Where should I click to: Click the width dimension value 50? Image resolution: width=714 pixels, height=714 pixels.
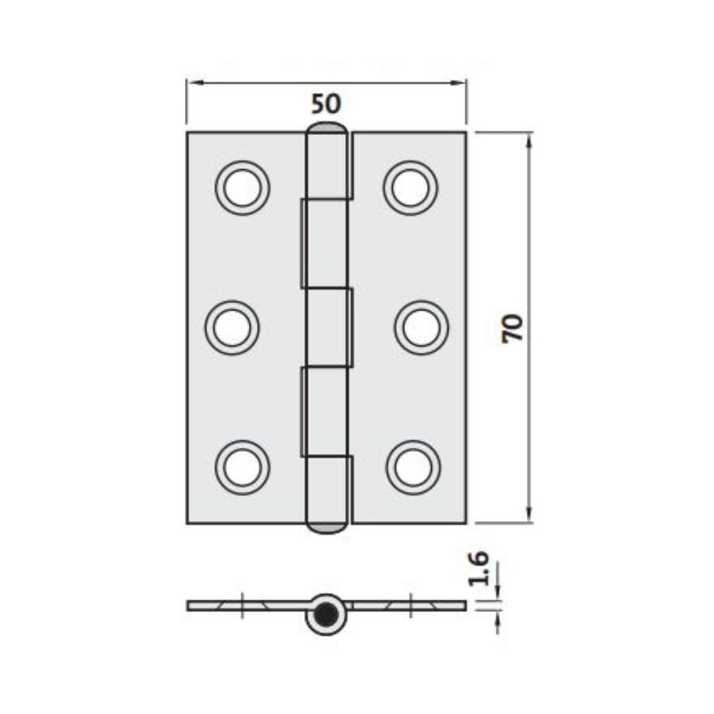pos(326,104)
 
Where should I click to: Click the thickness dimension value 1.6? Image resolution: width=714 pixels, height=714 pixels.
pos(479,568)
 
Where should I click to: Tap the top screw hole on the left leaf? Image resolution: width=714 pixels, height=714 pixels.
pos(243,188)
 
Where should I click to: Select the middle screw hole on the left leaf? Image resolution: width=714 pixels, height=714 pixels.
pos(233,328)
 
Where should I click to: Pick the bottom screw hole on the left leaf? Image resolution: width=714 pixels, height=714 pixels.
pos(243,468)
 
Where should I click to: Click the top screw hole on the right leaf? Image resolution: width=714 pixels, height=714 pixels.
pos(411,188)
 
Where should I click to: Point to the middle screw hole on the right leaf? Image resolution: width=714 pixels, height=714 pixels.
pos(421,328)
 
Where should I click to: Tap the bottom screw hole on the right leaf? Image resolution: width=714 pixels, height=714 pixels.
pos(413,468)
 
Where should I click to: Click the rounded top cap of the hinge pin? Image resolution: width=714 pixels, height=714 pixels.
pos(328,129)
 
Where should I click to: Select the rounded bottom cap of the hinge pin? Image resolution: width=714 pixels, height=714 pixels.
pos(328,527)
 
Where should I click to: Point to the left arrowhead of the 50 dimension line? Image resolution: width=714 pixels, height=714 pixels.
pos(192,84)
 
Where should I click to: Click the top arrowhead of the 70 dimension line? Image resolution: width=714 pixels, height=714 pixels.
pos(529,139)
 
